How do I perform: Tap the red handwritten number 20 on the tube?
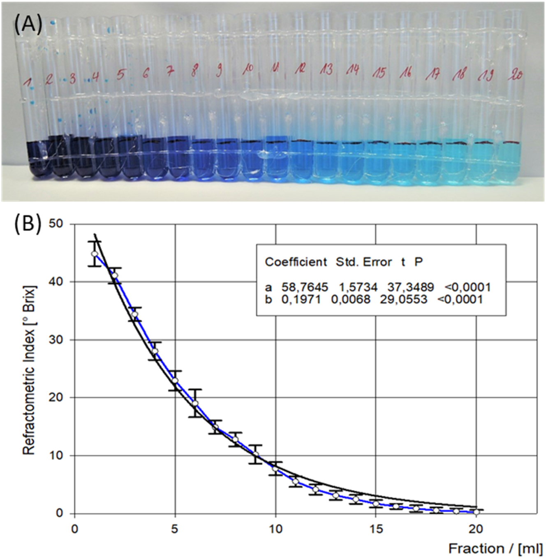[515, 75]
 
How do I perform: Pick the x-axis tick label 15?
[376, 529]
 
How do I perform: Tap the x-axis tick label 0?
[74, 529]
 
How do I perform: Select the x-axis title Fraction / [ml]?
[495, 549]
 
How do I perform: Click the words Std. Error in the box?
[363, 262]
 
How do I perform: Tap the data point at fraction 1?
[95, 254]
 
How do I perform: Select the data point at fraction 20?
[476, 512]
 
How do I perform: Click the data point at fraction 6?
[195, 404]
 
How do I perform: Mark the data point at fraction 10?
[275, 468]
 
